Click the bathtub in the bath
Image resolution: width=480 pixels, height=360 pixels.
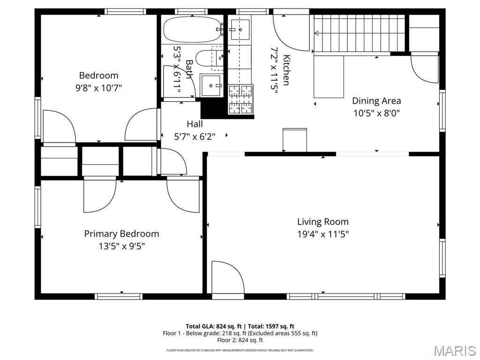click(193, 30)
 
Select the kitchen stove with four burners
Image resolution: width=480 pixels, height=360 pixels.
click(240, 99)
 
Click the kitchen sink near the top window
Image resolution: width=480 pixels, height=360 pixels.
click(241, 30)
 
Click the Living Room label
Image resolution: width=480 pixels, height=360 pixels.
click(322, 222)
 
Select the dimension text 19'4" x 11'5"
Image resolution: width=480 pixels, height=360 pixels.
click(322, 234)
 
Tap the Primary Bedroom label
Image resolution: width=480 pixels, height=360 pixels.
click(121, 233)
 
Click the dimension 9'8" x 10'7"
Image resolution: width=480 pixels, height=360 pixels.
click(98, 87)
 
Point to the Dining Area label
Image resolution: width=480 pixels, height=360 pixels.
click(376, 100)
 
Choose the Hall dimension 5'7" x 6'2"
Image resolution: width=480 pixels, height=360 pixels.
click(195, 136)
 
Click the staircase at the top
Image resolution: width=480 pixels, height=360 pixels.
click(359, 33)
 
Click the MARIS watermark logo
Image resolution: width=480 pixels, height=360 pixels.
click(454, 350)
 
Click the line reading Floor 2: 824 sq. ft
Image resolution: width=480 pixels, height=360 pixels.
click(240, 340)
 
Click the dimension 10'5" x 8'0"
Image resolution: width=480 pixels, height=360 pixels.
click(376, 113)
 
